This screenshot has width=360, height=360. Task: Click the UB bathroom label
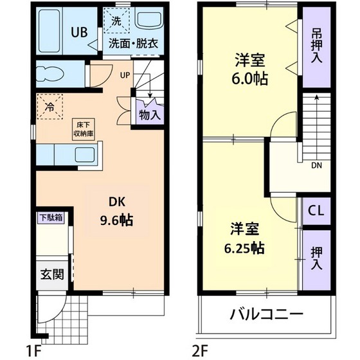[x=79, y=32]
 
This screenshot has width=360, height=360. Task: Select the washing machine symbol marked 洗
[x=116, y=21]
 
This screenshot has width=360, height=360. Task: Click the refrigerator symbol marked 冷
[x=50, y=107]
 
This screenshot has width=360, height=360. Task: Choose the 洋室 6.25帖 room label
[x=248, y=239]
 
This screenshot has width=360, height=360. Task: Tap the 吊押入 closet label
[x=316, y=45]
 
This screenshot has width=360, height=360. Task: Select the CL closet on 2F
[x=316, y=210]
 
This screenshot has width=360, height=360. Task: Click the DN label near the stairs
[x=316, y=165]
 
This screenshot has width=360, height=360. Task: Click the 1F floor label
[x=34, y=350]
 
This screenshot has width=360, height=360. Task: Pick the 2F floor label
[x=201, y=350]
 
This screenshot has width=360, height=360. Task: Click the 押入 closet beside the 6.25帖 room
[x=316, y=256]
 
